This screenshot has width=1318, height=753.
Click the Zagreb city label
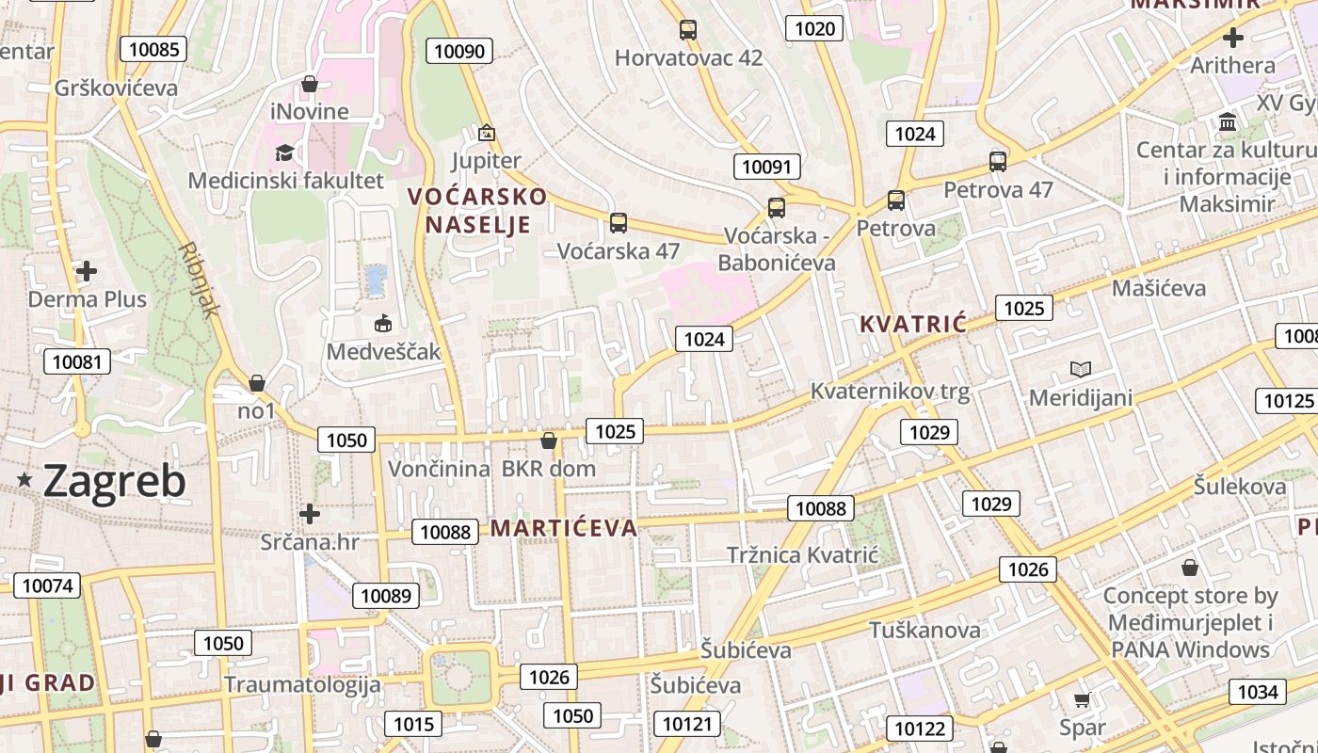tap(114, 481)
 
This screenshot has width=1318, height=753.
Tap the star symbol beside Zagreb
tap(25, 481)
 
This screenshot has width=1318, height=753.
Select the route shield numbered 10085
tap(153, 49)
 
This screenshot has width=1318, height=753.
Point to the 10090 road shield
tap(459, 51)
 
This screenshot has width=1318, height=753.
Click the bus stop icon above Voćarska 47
tap(619, 223)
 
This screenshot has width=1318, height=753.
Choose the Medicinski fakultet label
tap(286, 180)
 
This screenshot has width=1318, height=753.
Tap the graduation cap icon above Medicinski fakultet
tap(283, 152)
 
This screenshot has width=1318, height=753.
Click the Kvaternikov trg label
tap(890, 391)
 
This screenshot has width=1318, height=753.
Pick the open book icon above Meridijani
tap(1081, 369)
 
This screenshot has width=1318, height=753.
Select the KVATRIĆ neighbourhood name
tap(912, 325)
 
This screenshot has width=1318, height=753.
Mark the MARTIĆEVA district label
tap(564, 528)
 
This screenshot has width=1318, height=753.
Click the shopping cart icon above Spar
tap(1083, 700)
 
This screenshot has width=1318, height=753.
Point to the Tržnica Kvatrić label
tap(802, 555)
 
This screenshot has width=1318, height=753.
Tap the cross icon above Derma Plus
tap(87, 272)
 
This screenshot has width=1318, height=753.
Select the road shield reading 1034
tap(1257, 693)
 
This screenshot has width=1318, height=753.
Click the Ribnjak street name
tap(200, 280)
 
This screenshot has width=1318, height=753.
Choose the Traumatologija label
tap(302, 684)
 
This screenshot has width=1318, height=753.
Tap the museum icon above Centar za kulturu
tap(1228, 122)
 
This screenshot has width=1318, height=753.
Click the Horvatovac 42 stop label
tap(688, 58)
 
